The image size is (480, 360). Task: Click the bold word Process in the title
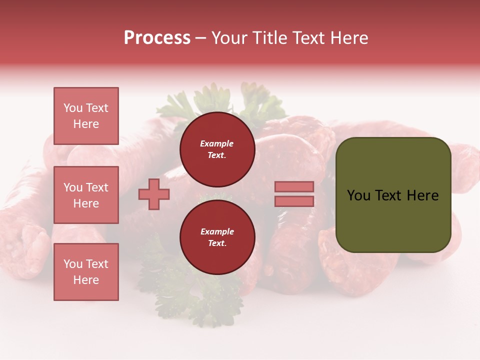tap(157, 38)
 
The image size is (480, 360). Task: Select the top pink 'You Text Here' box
tap(86, 116)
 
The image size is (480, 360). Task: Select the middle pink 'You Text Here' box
tap(86, 195)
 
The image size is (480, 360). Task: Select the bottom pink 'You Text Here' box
tap(86, 272)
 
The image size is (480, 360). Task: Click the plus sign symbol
tap(154, 194)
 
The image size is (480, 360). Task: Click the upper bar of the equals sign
tap(294, 186)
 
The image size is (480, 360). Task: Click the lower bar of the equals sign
tap(294, 201)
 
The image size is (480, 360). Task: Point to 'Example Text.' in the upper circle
tap(217, 149)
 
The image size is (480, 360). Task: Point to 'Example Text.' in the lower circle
tap(217, 237)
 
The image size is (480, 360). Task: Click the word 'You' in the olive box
tap(358, 195)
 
